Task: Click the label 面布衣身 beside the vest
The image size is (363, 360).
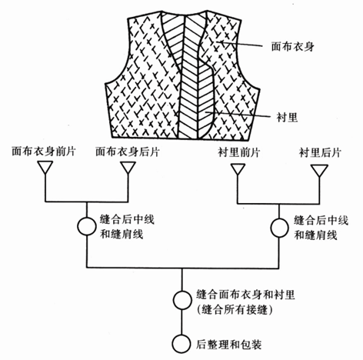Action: (x=292, y=47)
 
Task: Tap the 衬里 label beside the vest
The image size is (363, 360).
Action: (x=287, y=118)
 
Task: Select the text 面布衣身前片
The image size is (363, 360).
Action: (x=44, y=152)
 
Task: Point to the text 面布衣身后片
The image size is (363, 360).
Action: (x=128, y=152)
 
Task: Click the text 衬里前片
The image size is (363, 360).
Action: (x=239, y=152)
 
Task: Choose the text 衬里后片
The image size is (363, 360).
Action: (x=320, y=152)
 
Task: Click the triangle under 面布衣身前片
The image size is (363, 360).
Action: (x=45, y=168)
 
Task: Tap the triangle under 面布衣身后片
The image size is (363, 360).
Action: (x=128, y=168)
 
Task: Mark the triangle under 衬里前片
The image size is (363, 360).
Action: (x=238, y=170)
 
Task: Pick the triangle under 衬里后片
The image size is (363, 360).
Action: (x=319, y=171)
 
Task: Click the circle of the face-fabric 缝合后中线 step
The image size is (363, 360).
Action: (x=87, y=226)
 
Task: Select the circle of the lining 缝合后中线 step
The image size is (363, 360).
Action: (x=279, y=228)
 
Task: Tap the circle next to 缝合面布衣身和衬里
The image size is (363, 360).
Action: (x=182, y=300)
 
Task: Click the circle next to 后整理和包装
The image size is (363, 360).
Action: (x=181, y=344)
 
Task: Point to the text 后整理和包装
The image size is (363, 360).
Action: (x=229, y=344)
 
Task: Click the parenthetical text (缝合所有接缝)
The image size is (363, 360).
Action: (x=235, y=310)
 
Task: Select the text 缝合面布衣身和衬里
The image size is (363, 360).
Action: (x=245, y=295)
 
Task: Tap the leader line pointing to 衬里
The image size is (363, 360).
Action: (x=238, y=115)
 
